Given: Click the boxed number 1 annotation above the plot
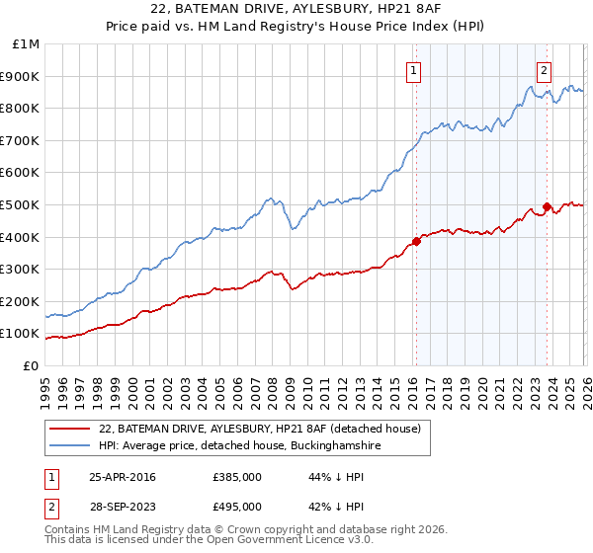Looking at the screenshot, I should click(413, 70).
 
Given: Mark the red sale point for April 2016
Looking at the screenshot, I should click(416, 240).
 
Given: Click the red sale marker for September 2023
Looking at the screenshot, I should click(547, 206).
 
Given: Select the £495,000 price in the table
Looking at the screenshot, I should click(236, 506).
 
